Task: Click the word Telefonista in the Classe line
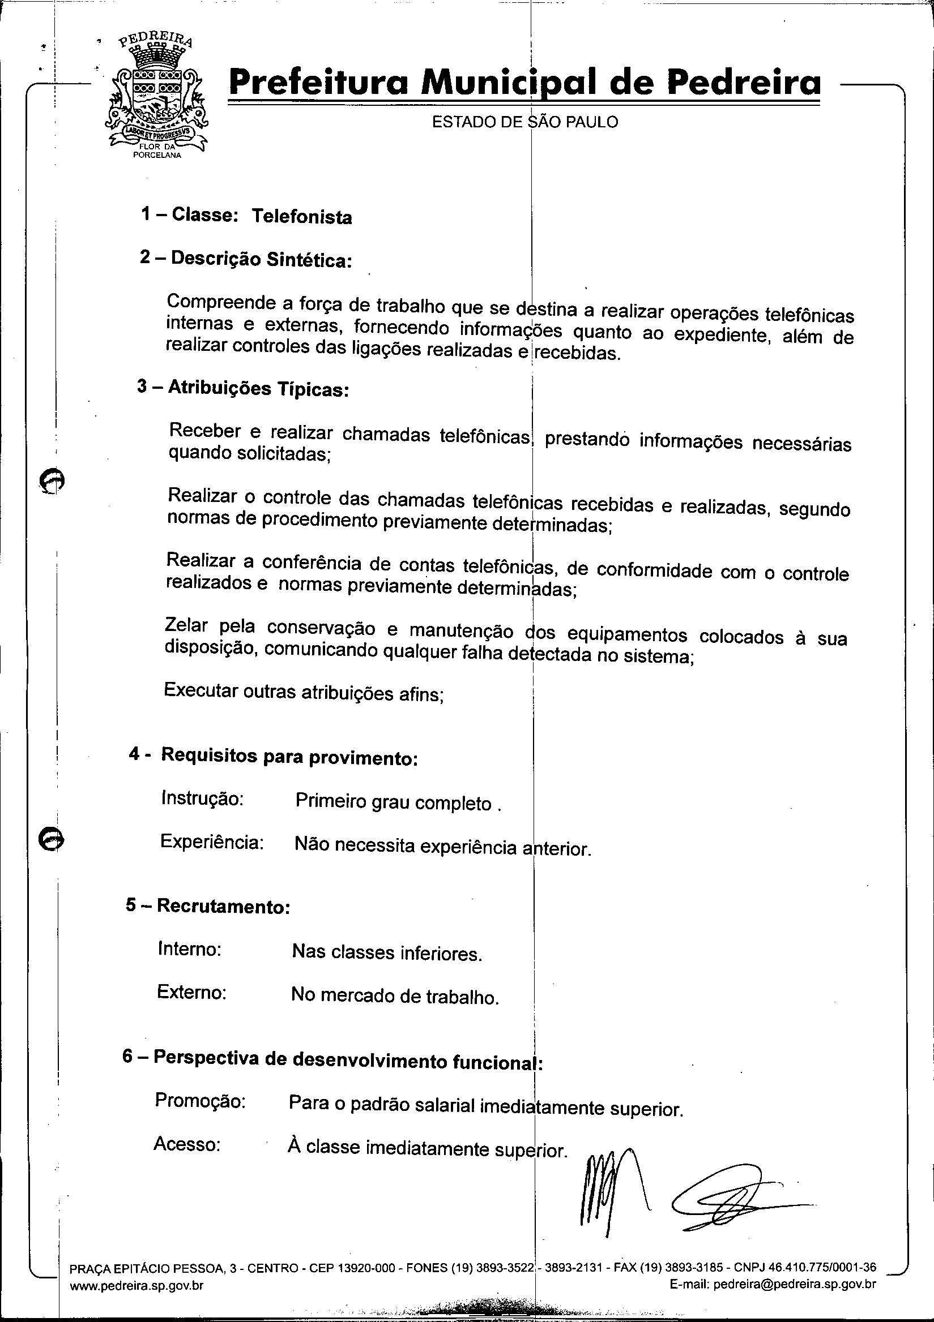coord(301,217)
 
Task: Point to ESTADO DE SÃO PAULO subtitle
coord(525,122)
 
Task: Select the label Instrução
coord(202,799)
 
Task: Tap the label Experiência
coord(212,842)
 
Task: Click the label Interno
coord(190,948)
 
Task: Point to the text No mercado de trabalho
coord(395,995)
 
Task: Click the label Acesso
coord(187,1144)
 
